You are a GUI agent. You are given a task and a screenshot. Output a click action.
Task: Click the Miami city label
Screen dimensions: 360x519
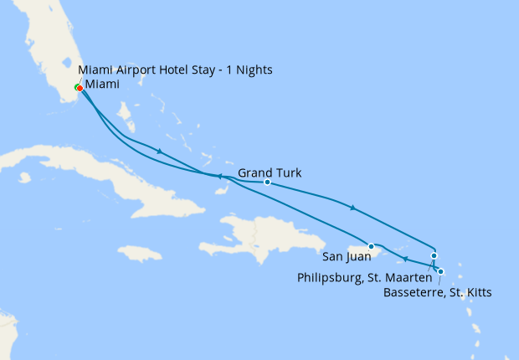pyautogui.click(x=101, y=85)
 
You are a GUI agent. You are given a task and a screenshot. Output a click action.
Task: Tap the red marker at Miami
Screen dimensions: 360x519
pyautogui.click(x=79, y=88)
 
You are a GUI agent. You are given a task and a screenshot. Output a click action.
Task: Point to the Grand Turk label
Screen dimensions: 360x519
pyautogui.click(x=270, y=173)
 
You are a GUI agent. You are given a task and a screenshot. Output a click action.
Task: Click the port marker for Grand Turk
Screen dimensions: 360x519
pyautogui.click(x=267, y=182)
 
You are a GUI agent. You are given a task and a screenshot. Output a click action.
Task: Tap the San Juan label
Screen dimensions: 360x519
pyautogui.click(x=347, y=256)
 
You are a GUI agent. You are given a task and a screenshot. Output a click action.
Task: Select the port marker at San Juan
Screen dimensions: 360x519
pyautogui.click(x=372, y=246)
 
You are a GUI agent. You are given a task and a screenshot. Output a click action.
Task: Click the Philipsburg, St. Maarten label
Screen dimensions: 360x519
pyautogui.click(x=363, y=277)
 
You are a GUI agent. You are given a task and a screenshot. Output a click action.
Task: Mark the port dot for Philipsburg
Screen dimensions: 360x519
pyautogui.click(x=434, y=256)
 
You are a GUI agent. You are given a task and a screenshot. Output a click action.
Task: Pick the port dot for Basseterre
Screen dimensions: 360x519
pyautogui.click(x=441, y=271)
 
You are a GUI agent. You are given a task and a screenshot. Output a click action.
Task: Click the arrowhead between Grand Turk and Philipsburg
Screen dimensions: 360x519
pyautogui.click(x=353, y=207)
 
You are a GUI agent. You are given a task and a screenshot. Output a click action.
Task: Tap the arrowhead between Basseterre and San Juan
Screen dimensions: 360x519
pyautogui.click(x=405, y=258)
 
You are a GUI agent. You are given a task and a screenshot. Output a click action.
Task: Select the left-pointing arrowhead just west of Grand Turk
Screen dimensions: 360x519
pyautogui.click(x=219, y=176)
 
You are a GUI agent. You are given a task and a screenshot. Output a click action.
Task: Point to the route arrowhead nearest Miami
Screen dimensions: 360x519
pyautogui.click(x=158, y=151)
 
